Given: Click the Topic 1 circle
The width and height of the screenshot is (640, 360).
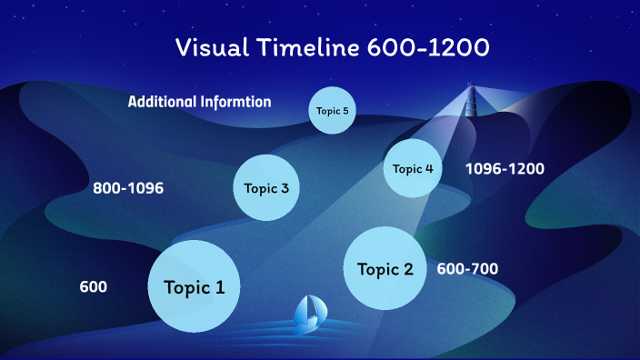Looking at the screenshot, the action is tap(194, 286).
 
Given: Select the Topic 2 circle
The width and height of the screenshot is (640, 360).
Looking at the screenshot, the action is tap(385, 268).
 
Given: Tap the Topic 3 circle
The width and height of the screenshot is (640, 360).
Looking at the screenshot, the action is tap(266, 188).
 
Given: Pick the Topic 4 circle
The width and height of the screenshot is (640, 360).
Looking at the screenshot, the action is tap(413, 168).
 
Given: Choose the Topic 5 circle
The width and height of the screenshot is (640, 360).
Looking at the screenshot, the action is tap(332, 111).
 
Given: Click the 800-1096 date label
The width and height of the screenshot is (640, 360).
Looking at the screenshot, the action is tap(128, 188).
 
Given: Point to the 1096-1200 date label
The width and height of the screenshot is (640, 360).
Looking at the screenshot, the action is tap(505, 168).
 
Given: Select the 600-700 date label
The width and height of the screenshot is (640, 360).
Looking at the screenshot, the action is tap(467, 268).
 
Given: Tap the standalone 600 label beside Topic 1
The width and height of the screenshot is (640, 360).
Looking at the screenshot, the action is tap(94, 286).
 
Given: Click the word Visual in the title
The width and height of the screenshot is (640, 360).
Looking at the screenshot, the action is tap(212, 47).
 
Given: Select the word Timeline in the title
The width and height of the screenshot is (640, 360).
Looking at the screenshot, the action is tap(308, 47).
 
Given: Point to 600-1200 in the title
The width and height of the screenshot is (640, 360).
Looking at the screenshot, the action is tap(428, 47).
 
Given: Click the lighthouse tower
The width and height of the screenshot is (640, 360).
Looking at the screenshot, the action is tap(472, 99).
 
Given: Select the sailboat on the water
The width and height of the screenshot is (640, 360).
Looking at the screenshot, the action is tap(310, 315).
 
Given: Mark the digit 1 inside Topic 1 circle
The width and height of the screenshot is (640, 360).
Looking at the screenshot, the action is tap(220, 287).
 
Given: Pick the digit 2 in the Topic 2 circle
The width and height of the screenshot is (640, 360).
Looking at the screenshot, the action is tap(408, 269).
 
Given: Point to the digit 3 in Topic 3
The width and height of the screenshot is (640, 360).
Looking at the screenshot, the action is tap(285, 188).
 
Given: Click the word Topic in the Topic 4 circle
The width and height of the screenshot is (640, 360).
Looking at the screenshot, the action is tap(407, 169).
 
